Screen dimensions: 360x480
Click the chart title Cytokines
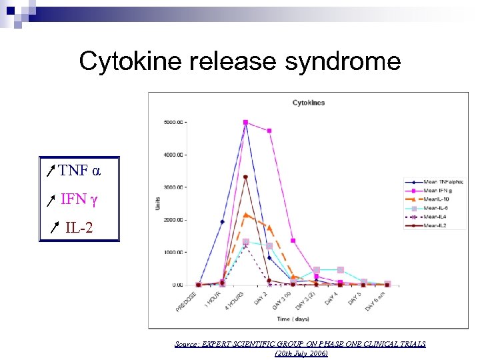(x=309, y=103)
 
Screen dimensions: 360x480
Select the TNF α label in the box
(x=79, y=170)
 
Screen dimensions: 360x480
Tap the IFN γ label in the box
(x=79, y=199)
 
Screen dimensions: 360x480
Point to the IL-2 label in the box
(x=79, y=228)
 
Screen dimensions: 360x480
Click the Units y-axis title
(x=158, y=203)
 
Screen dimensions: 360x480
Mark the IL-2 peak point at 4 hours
(x=245, y=177)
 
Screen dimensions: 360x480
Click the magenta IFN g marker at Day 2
(x=269, y=131)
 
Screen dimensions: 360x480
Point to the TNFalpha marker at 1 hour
(x=222, y=221)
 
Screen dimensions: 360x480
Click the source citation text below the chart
(x=300, y=348)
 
